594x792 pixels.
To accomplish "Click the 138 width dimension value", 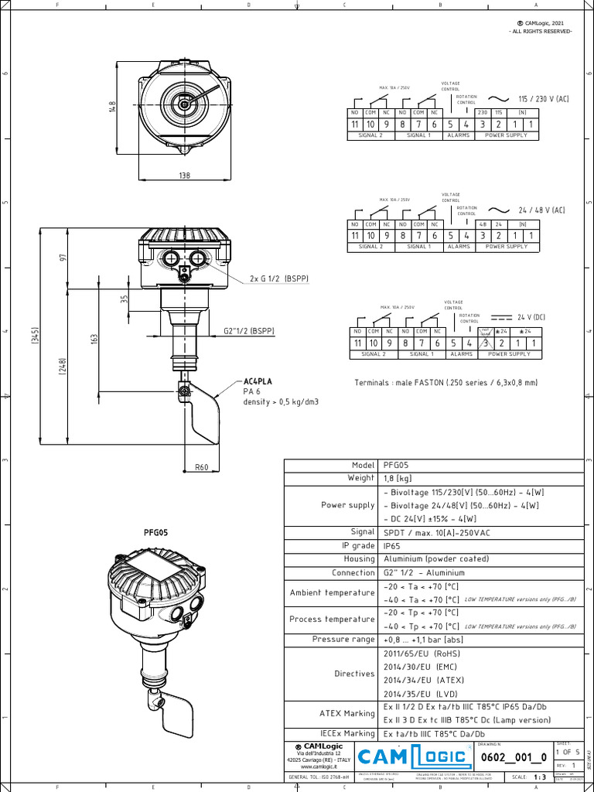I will (x=184, y=176).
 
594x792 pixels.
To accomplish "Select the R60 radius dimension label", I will (x=202, y=466).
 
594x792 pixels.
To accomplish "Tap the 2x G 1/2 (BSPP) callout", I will (x=278, y=278).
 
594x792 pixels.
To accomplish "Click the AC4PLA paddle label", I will (x=258, y=382).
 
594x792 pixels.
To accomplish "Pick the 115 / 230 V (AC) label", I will (x=543, y=99).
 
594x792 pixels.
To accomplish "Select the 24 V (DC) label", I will (x=532, y=317).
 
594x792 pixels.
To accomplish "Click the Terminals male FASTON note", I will (x=445, y=383).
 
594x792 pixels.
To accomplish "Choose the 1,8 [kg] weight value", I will (x=398, y=478).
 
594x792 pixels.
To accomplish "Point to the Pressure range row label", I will (x=343, y=640).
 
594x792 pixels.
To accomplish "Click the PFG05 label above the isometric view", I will (x=155, y=533).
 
